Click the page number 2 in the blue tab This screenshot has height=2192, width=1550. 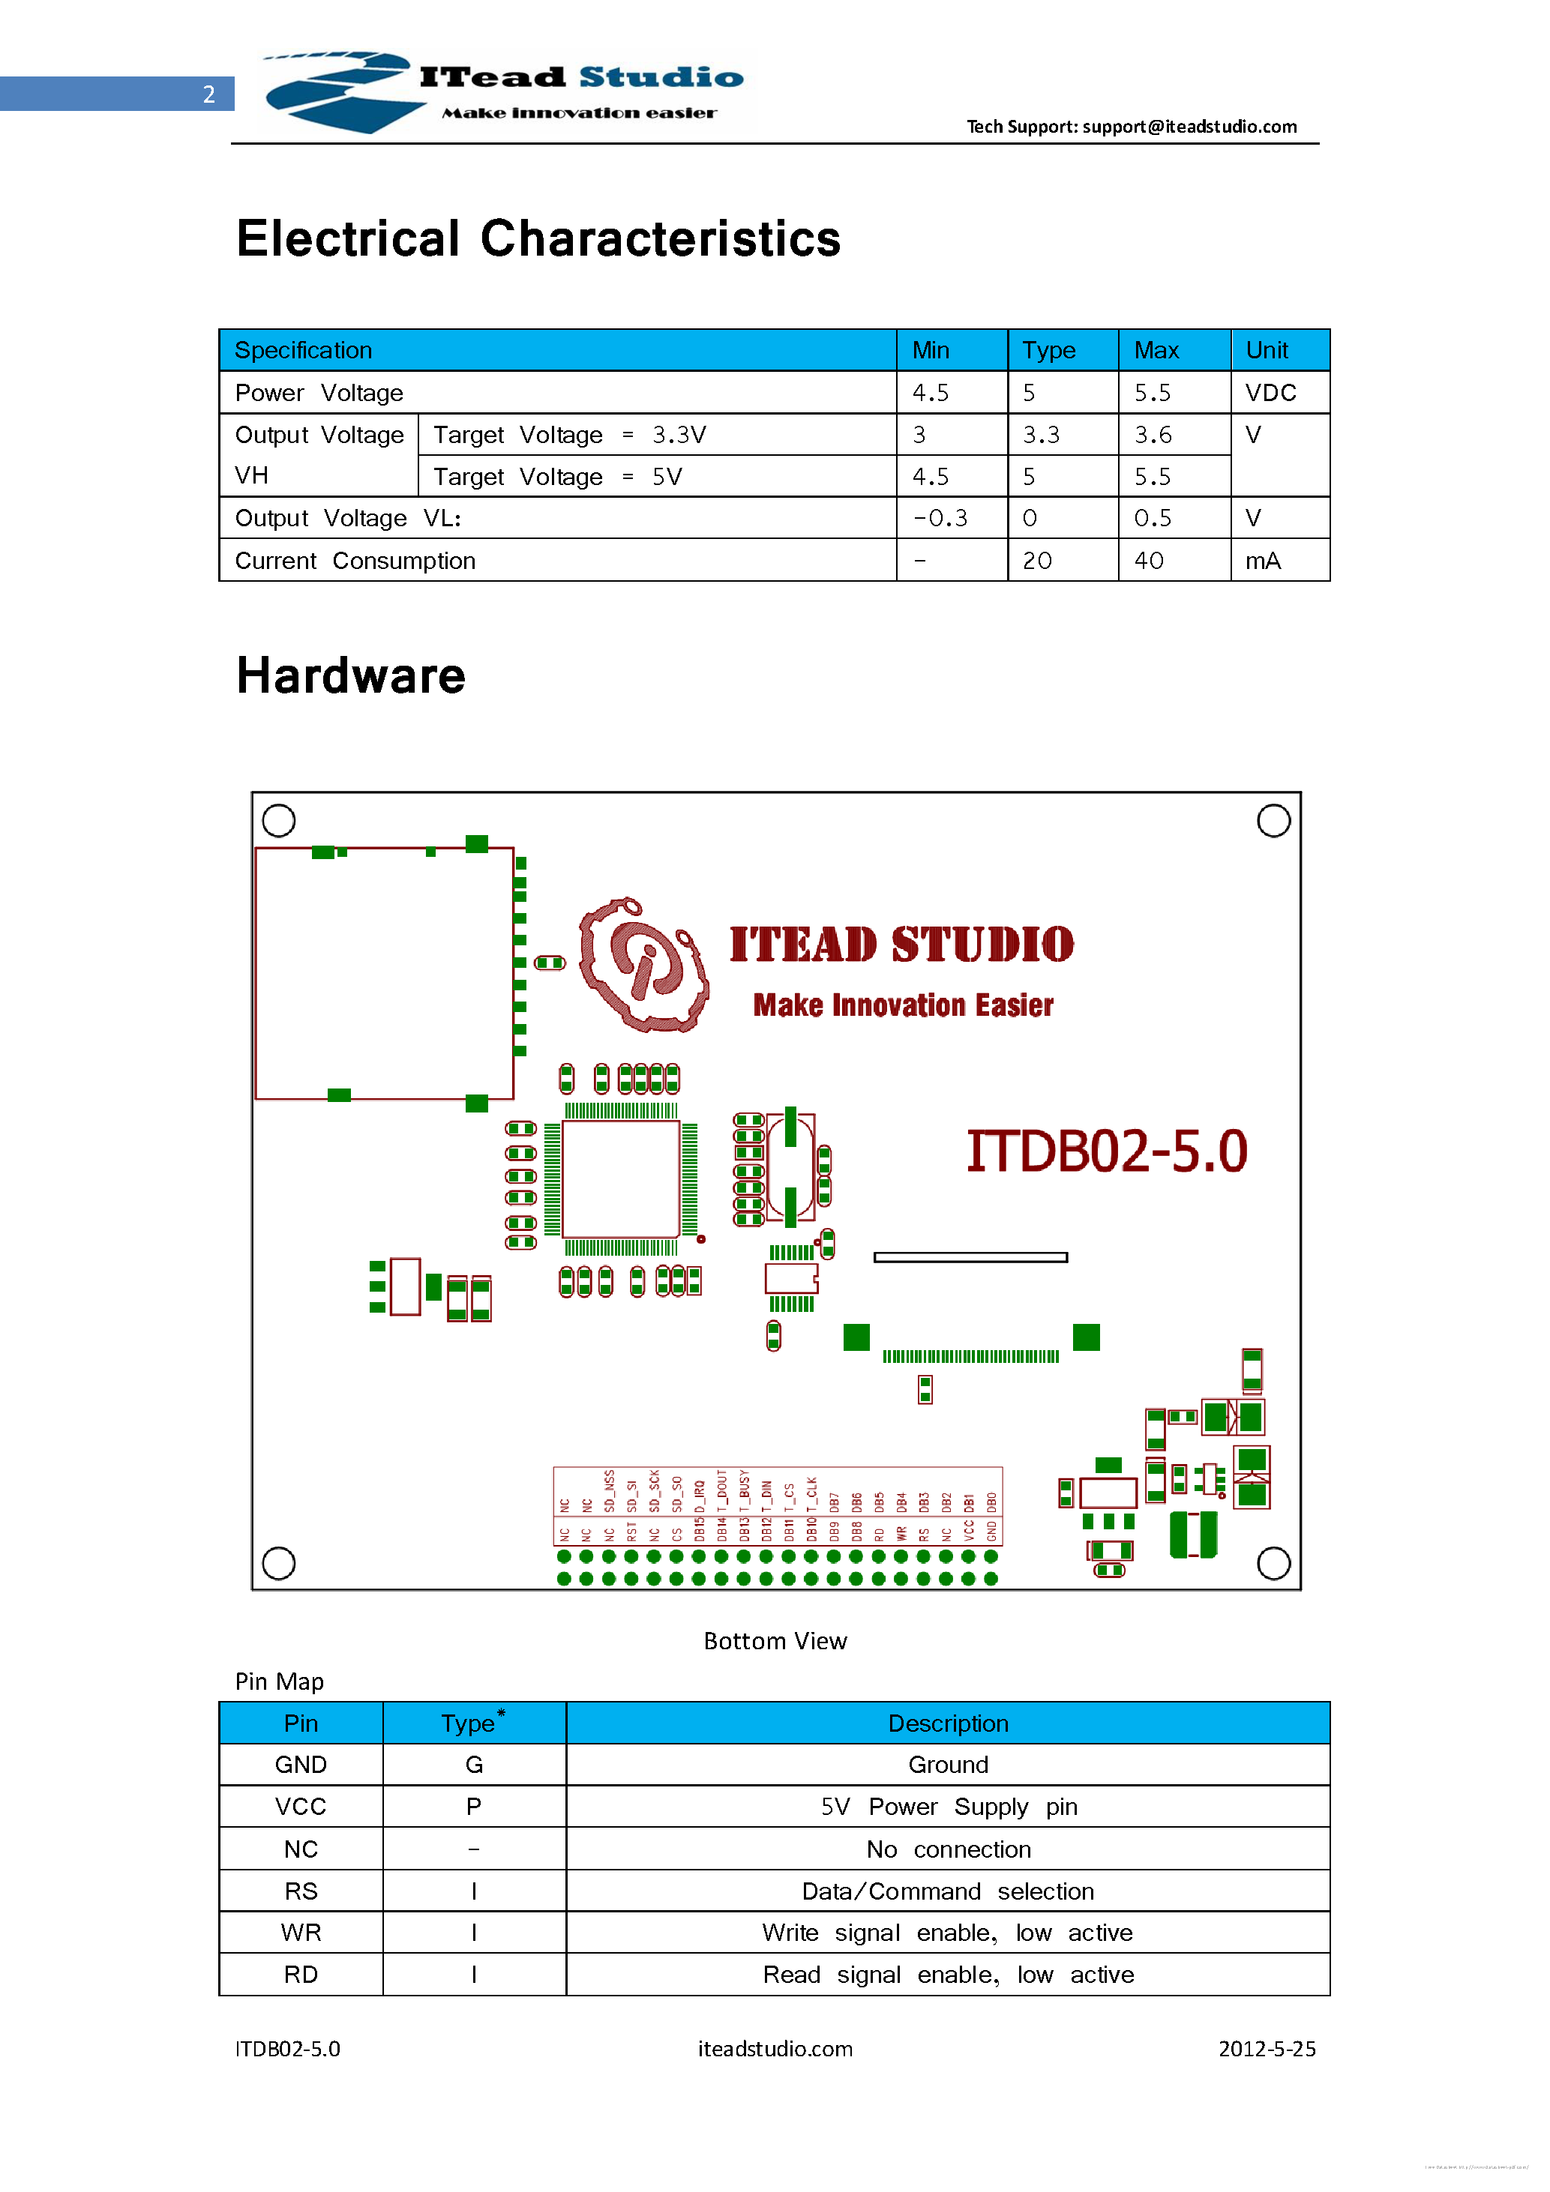pyautogui.click(x=208, y=94)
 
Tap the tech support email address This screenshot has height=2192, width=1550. pyautogui.click(x=1189, y=126)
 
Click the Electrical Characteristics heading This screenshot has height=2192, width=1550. pyautogui.click(x=538, y=238)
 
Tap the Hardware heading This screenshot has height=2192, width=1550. pyautogui.click(x=350, y=676)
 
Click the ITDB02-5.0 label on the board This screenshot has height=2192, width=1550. pyautogui.click(x=1106, y=1151)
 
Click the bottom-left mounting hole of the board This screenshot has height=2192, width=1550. pyautogui.click(x=279, y=1563)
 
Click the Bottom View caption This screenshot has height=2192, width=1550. pyautogui.click(x=775, y=1640)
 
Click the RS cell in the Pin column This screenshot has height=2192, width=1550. pyautogui.click(x=301, y=1891)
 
